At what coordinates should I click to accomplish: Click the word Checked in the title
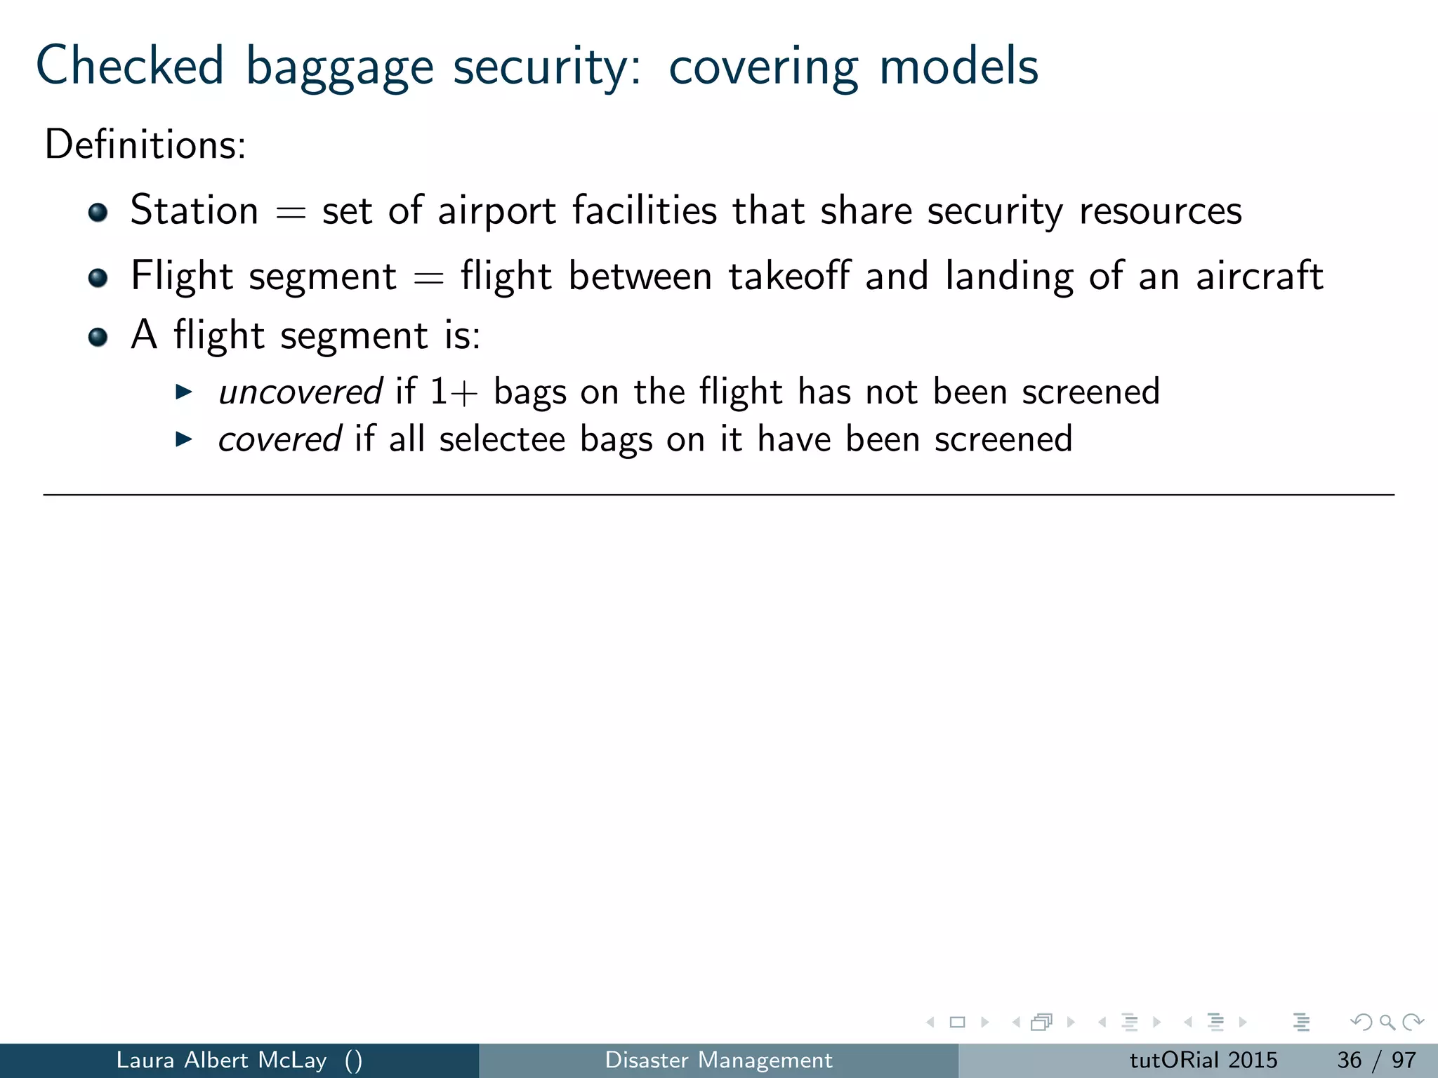click(x=130, y=66)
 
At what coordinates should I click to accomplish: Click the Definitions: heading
click(x=145, y=145)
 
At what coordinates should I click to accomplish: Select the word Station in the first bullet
click(x=194, y=211)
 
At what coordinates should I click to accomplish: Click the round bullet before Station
click(x=98, y=212)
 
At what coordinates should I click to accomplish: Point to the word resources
click(x=1161, y=211)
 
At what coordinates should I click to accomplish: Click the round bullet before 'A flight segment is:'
click(x=98, y=337)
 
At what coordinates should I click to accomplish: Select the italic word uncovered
click(x=300, y=392)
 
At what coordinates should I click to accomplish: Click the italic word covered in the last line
click(x=279, y=439)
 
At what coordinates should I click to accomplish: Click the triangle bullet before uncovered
click(x=183, y=392)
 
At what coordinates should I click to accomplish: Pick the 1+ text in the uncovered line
click(x=454, y=392)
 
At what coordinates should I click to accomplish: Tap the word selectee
click(x=502, y=439)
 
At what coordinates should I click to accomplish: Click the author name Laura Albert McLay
click(x=221, y=1060)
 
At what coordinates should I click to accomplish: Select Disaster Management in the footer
click(x=718, y=1060)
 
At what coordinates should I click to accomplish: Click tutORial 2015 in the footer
click(x=1203, y=1060)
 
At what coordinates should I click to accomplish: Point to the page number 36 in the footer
click(x=1350, y=1060)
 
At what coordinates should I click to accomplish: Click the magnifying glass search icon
click(x=1387, y=1023)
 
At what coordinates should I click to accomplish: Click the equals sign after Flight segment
click(x=428, y=278)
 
